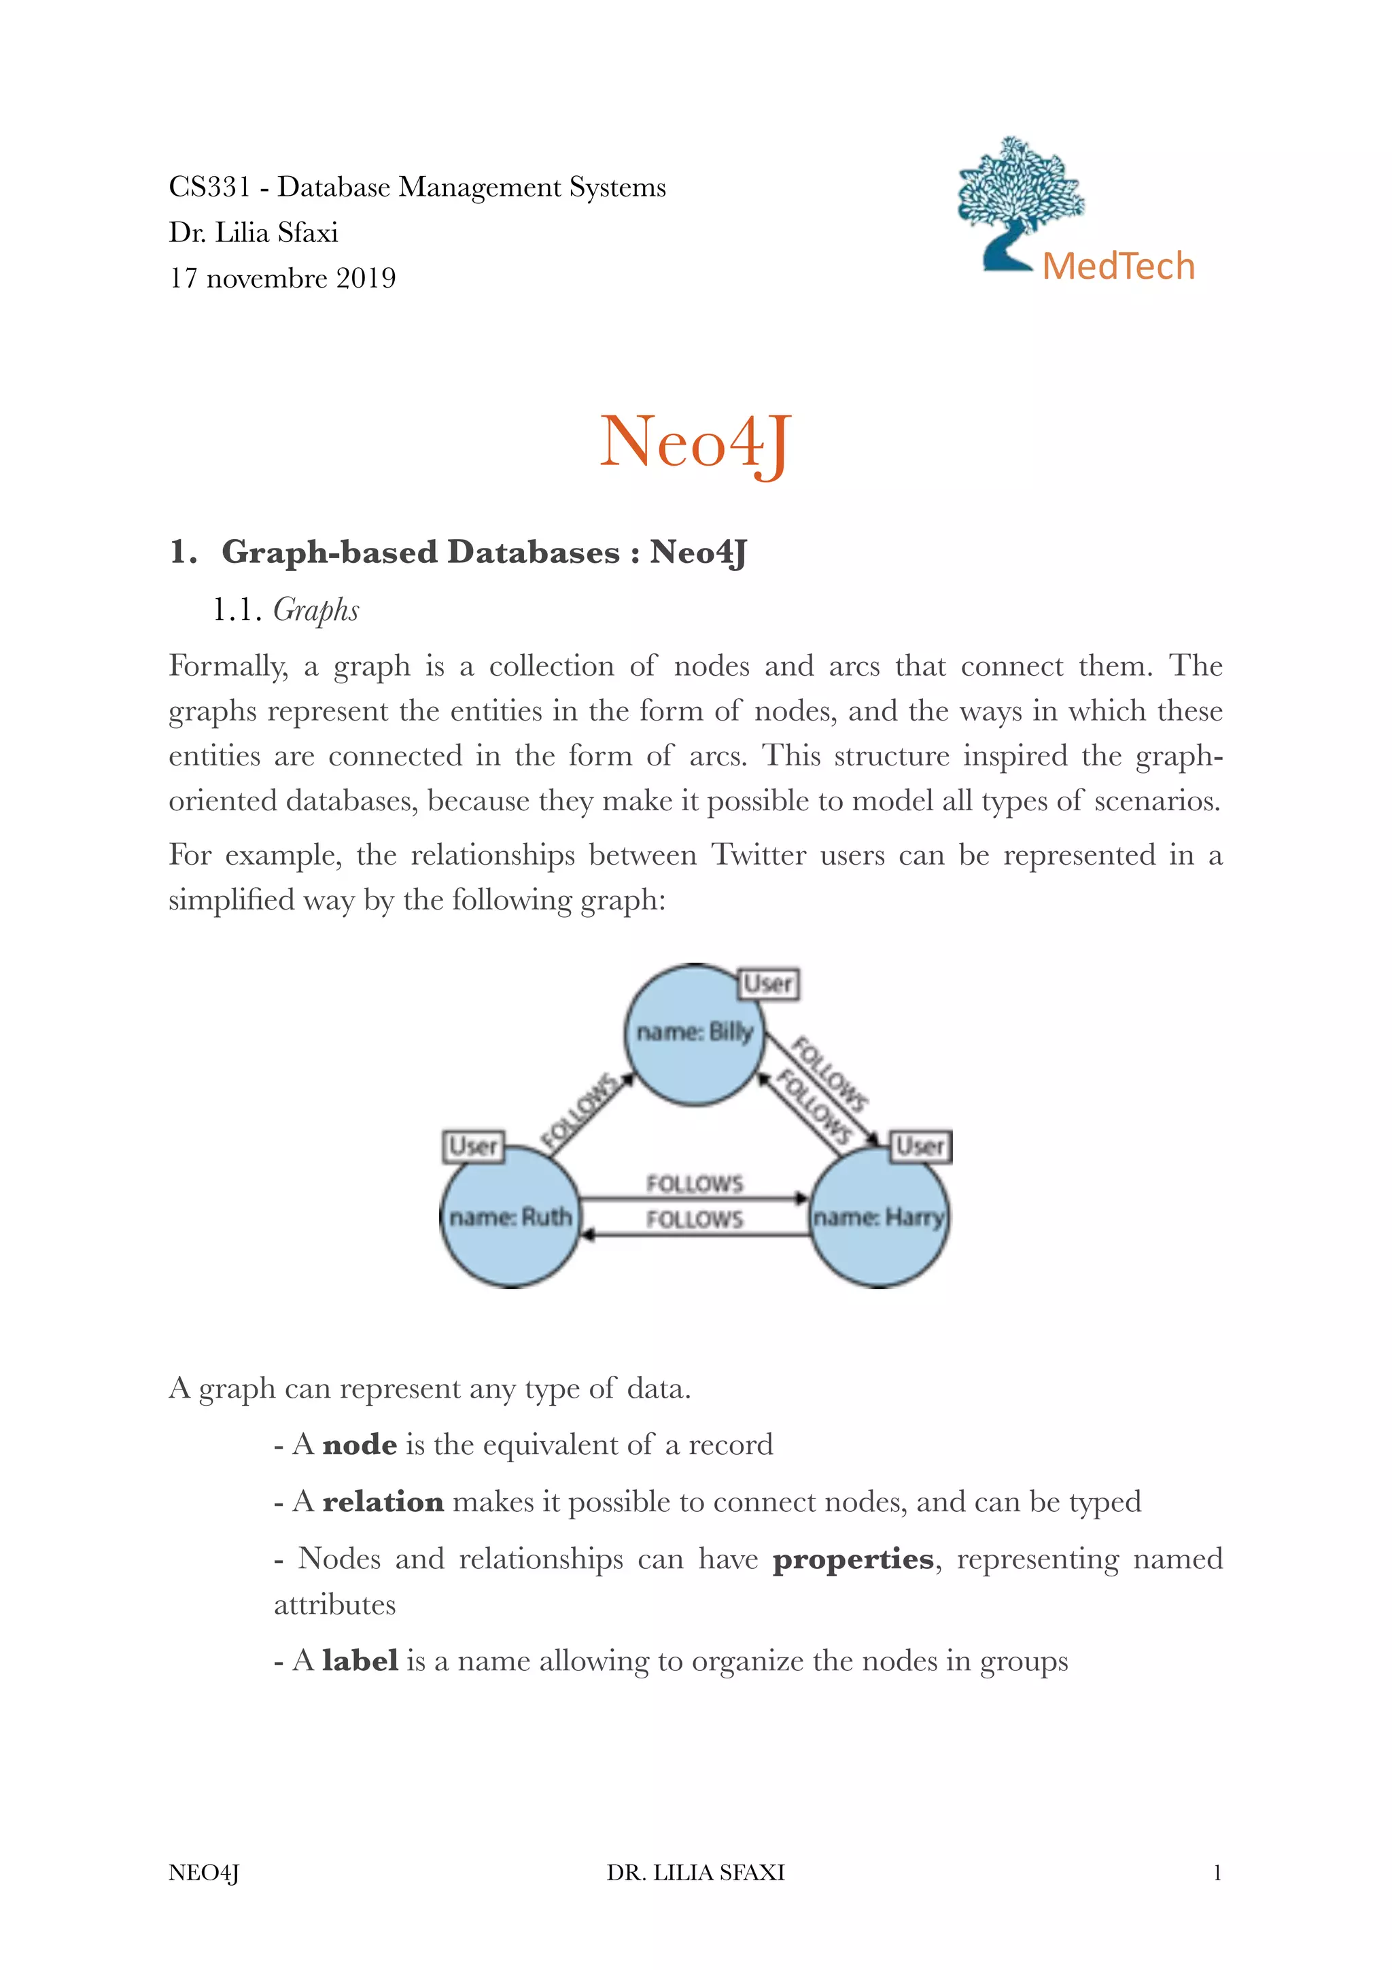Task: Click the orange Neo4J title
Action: pos(694,442)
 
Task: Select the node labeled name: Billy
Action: pos(694,1035)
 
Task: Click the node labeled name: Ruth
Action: pos(510,1217)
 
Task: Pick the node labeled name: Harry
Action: pos(878,1217)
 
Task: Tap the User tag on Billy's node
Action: pos(767,983)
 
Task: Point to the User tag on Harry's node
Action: pos(921,1146)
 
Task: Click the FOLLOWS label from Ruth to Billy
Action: pos(580,1111)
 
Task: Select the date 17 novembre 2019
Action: pos(282,278)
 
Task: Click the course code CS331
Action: pos(209,187)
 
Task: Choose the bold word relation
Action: pos(383,1502)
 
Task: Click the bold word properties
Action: pos(852,1559)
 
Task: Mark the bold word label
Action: pos(360,1661)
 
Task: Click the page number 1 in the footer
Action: pos(1216,1873)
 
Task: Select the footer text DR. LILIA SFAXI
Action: pos(695,1873)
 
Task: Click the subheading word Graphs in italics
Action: pos(315,610)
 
